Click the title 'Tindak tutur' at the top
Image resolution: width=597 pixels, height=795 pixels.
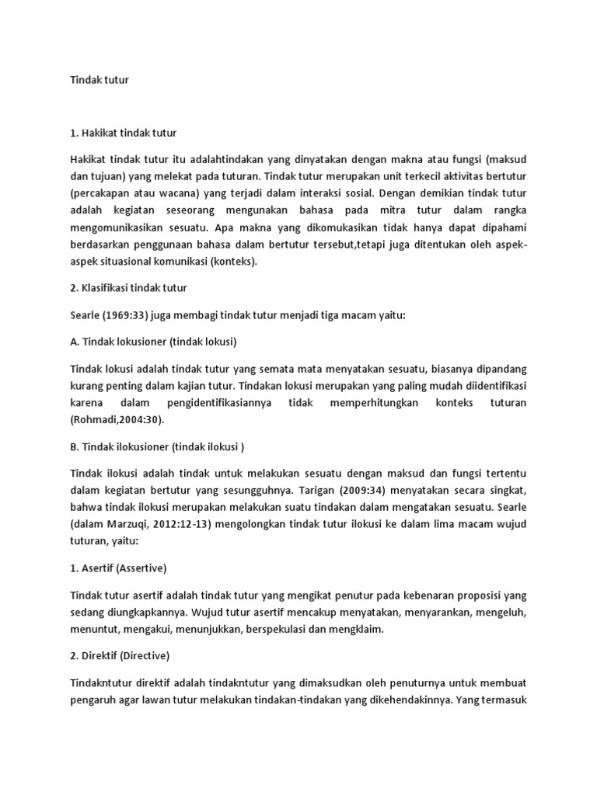click(99, 80)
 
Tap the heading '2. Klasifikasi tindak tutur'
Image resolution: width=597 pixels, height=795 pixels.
click(128, 287)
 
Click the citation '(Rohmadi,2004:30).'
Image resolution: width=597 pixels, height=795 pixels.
click(118, 419)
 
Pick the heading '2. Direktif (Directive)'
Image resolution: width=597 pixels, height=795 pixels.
click(120, 655)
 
